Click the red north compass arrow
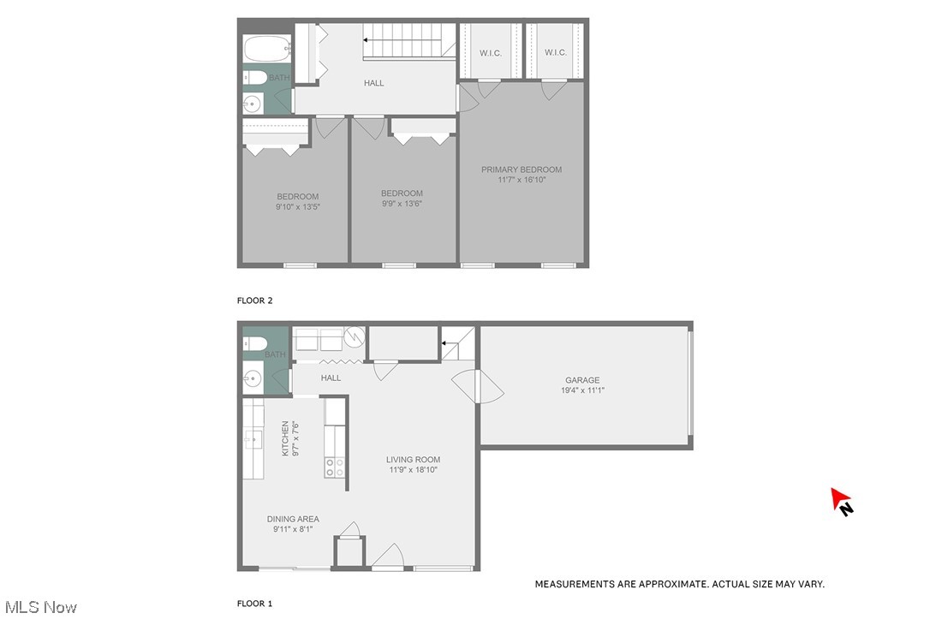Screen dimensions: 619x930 click(x=840, y=499)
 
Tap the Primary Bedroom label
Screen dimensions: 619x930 click(x=521, y=170)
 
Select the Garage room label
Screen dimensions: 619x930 click(x=581, y=380)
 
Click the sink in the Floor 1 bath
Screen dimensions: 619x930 click(x=252, y=376)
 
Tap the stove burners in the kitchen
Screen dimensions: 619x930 click(x=335, y=467)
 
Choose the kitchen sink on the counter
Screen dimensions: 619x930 click(x=253, y=440)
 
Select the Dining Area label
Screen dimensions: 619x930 click(x=293, y=519)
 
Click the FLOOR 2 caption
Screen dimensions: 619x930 click(x=254, y=301)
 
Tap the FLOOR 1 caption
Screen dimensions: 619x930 click(x=254, y=604)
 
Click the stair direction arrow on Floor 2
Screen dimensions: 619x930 click(x=367, y=39)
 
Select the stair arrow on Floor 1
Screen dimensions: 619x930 click(x=445, y=344)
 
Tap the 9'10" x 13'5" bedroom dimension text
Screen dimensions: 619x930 click(x=297, y=206)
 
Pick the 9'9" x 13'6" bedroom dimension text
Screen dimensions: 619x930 click(x=402, y=204)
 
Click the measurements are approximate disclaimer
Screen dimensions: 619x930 click(x=679, y=584)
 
